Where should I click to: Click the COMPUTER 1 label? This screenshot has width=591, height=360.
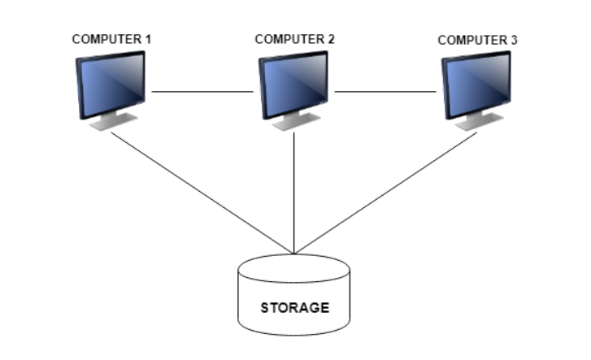[111, 39]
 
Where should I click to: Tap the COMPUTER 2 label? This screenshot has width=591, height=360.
[294, 39]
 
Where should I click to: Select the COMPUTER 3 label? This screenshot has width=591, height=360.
[477, 40]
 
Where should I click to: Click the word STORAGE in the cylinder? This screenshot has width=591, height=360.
[294, 308]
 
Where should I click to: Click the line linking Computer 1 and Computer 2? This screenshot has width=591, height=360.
[202, 91]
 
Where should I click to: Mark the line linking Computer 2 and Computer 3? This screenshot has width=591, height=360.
[386, 91]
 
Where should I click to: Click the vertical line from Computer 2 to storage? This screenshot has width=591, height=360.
[294, 191]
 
